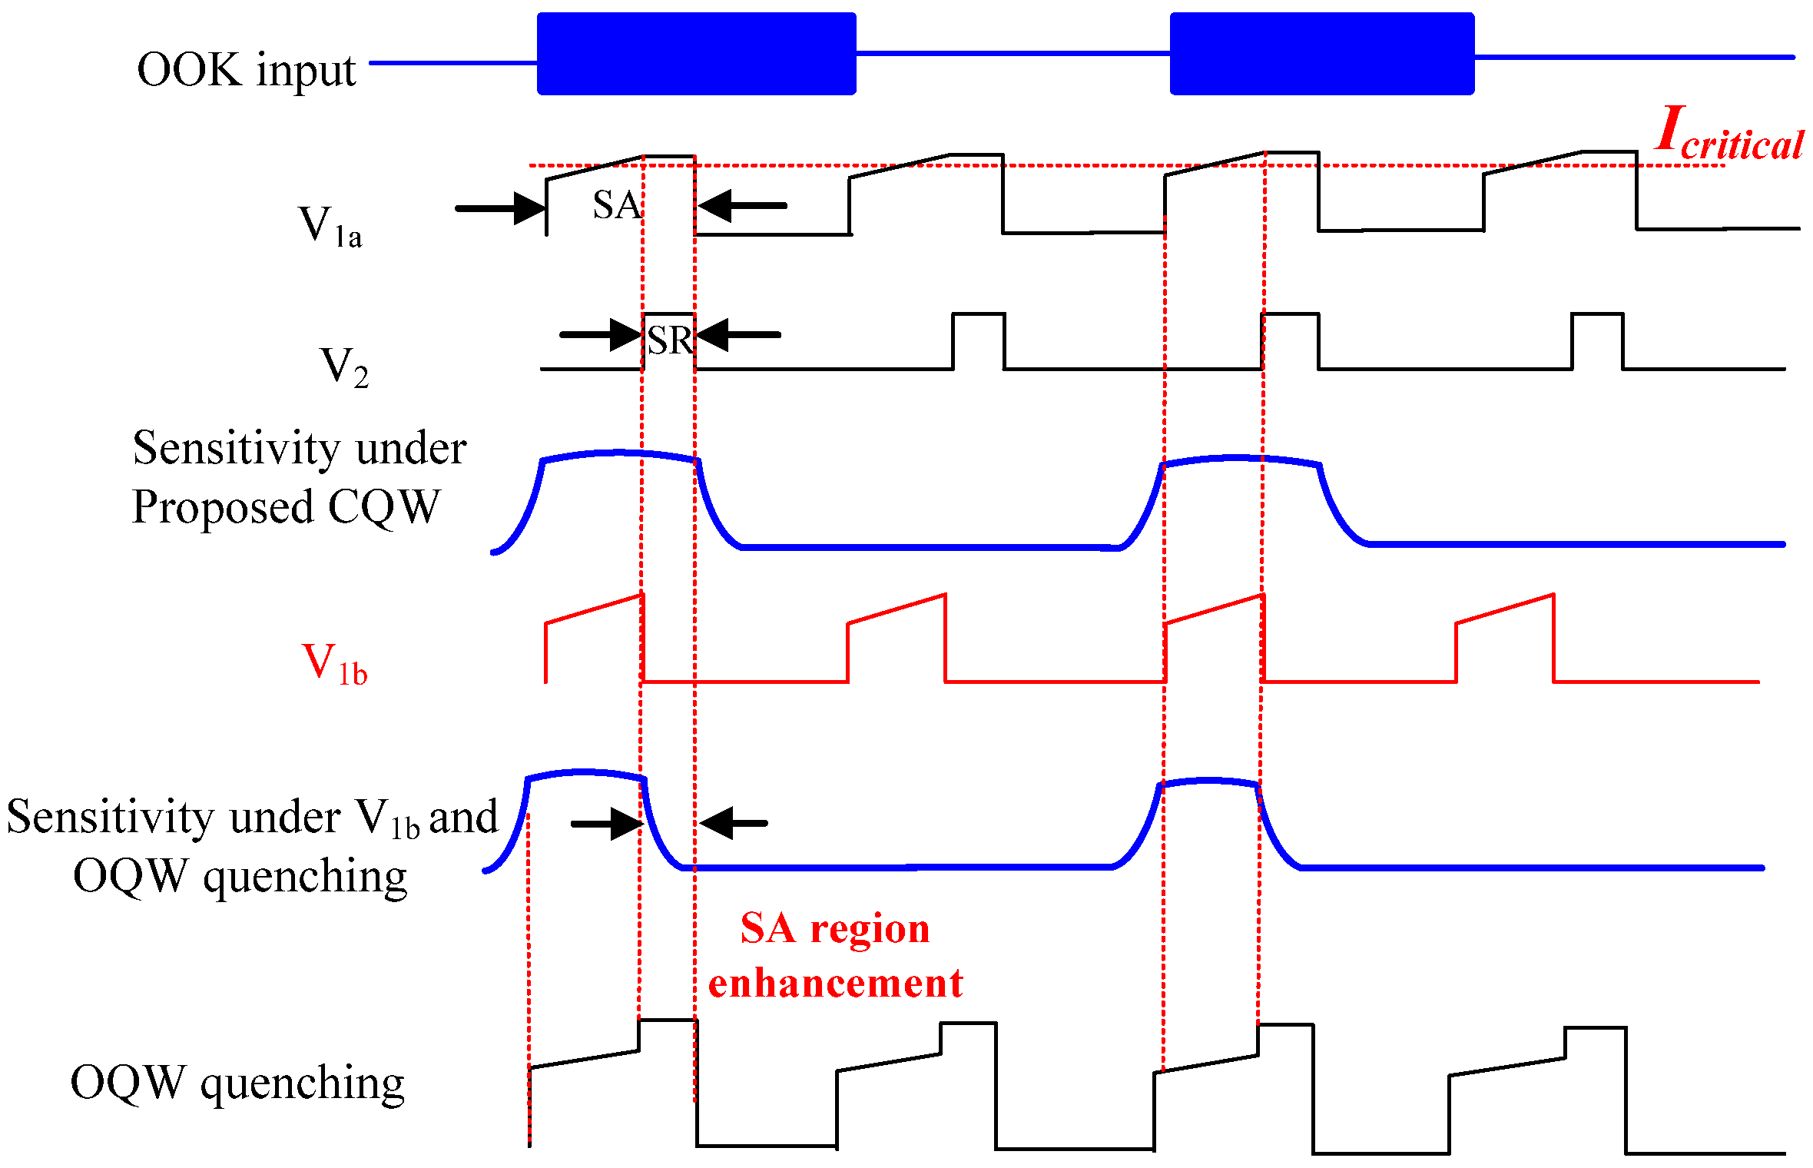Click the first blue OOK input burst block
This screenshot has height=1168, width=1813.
tap(696, 54)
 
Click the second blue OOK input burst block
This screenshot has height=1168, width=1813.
tap(1321, 54)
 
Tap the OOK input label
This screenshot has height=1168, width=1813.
tap(246, 71)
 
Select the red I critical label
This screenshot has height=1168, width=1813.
tap(1728, 134)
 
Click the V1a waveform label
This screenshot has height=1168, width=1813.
tap(329, 226)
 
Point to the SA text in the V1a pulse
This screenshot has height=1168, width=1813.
tap(616, 205)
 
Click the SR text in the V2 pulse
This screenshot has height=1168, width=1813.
tap(669, 340)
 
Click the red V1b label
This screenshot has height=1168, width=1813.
tap(334, 664)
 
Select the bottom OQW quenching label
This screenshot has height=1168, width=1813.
tap(237, 1083)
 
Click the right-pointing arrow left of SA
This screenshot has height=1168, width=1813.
tap(500, 208)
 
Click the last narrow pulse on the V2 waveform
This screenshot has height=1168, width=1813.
tap(1597, 338)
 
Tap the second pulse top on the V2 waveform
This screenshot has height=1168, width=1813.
tap(978, 314)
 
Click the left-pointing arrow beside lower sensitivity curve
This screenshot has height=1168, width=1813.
tap(734, 823)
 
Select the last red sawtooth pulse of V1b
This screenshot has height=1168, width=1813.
tap(1506, 638)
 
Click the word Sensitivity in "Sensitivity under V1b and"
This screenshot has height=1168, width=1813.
tap(108, 817)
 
